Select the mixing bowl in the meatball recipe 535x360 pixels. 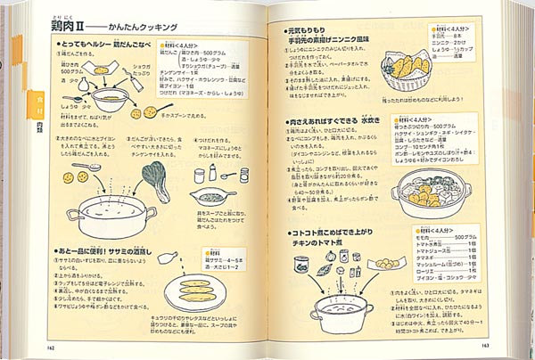click(x=111, y=98)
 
